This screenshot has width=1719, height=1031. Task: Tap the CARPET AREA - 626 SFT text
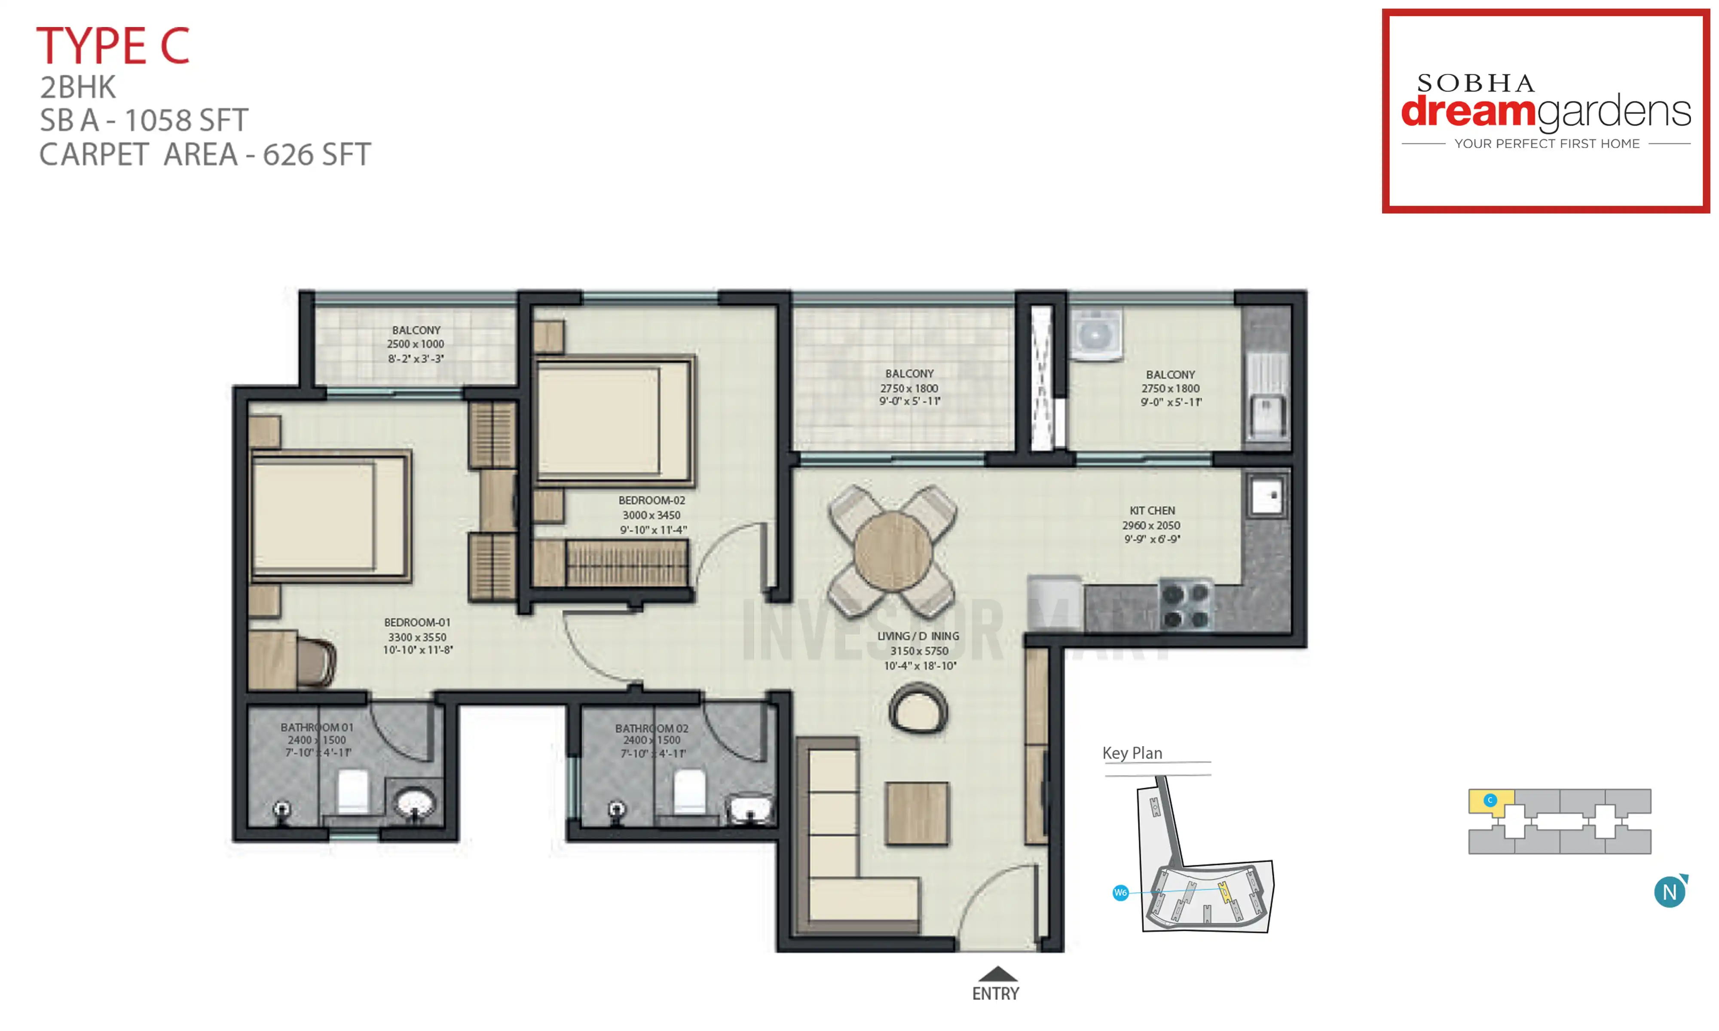pos(205,154)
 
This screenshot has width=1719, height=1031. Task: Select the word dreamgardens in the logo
pos(1545,111)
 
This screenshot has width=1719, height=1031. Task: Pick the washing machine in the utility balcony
pos(1095,336)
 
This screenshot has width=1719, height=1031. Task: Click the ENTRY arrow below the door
pos(997,973)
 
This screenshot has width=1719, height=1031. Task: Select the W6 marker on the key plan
pos(1120,893)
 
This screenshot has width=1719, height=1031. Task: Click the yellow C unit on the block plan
pos(1490,800)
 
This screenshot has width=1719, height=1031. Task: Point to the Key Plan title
pos(1132,753)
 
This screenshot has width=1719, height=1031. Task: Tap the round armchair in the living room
pos(918,709)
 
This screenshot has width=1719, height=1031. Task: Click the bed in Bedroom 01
pos(329,516)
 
